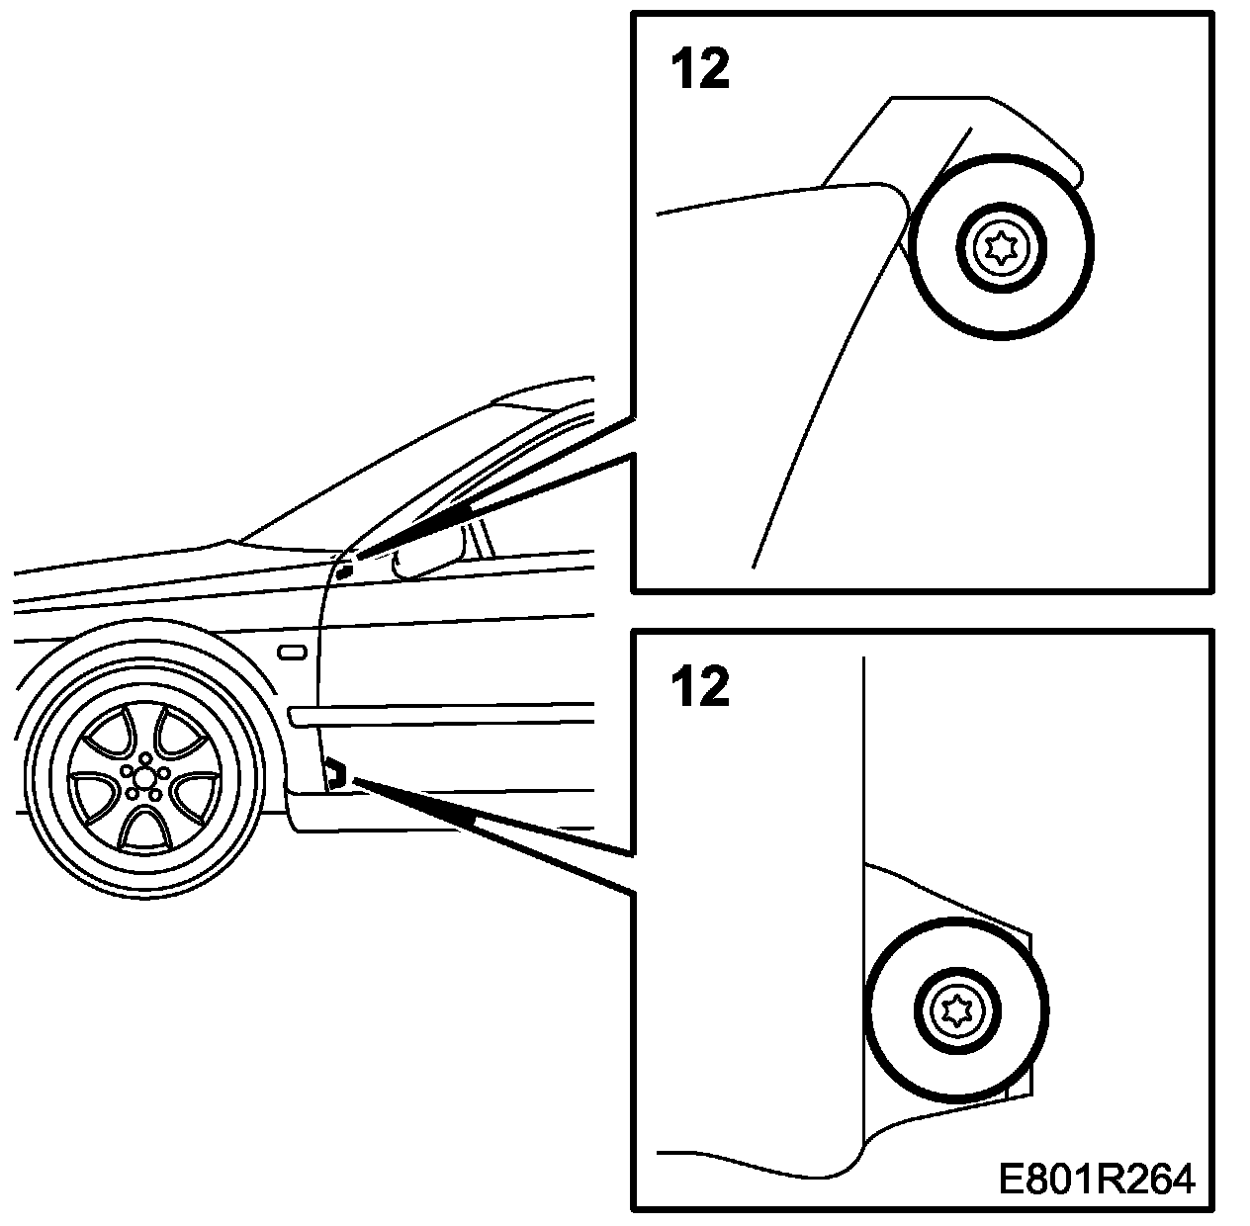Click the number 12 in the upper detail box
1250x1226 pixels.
(x=700, y=70)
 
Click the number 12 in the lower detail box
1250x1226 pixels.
(x=700, y=686)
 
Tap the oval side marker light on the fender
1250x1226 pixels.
(x=293, y=653)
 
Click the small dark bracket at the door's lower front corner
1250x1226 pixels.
(x=334, y=772)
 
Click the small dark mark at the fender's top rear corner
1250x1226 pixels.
(x=344, y=570)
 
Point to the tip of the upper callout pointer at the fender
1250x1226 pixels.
(x=358, y=558)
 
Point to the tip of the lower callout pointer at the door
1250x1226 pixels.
(x=354, y=781)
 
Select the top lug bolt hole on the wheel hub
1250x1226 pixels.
(x=146, y=758)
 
